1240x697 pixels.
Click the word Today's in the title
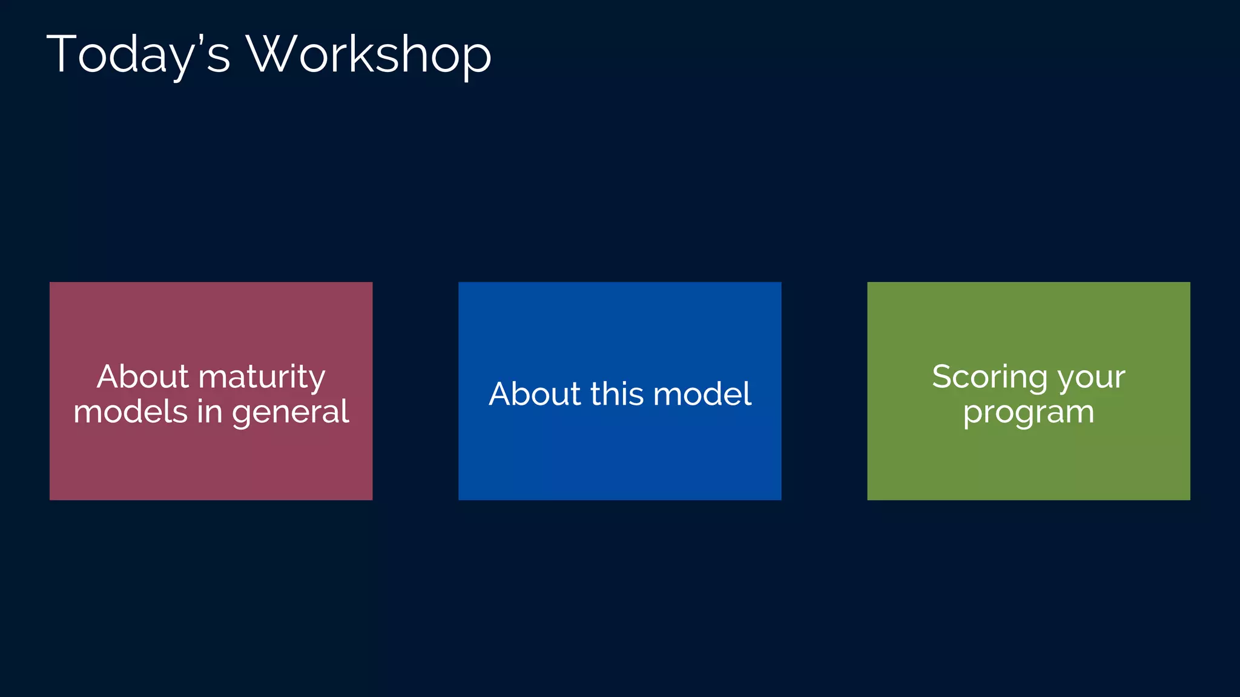[x=138, y=54]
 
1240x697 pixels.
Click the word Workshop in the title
[x=369, y=54]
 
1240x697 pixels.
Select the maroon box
[x=211, y=460]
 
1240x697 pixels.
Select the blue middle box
[x=619, y=460]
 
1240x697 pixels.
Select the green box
[x=1028, y=460]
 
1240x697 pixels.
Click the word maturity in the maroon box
[x=262, y=378]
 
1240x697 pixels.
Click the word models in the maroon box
[x=130, y=412]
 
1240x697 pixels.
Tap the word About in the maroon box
[x=143, y=376]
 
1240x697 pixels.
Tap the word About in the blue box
[x=535, y=394]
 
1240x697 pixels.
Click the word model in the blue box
[x=702, y=394]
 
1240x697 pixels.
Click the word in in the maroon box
[x=209, y=412]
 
